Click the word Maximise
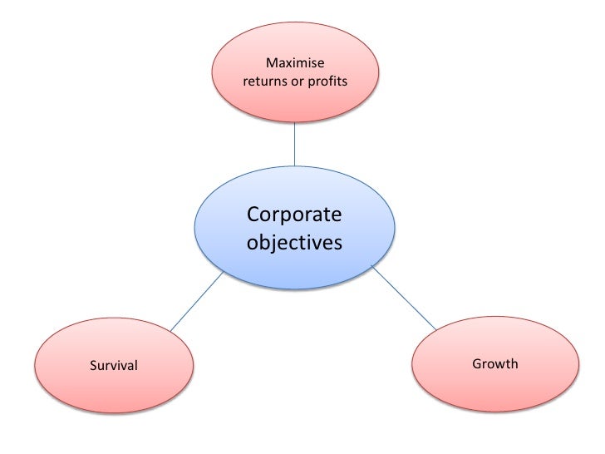(295, 64)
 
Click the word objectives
(294, 244)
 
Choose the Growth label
(494, 363)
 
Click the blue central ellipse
(295, 266)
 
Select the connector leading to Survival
(197, 301)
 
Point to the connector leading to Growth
(405, 297)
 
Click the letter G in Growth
(476, 363)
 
